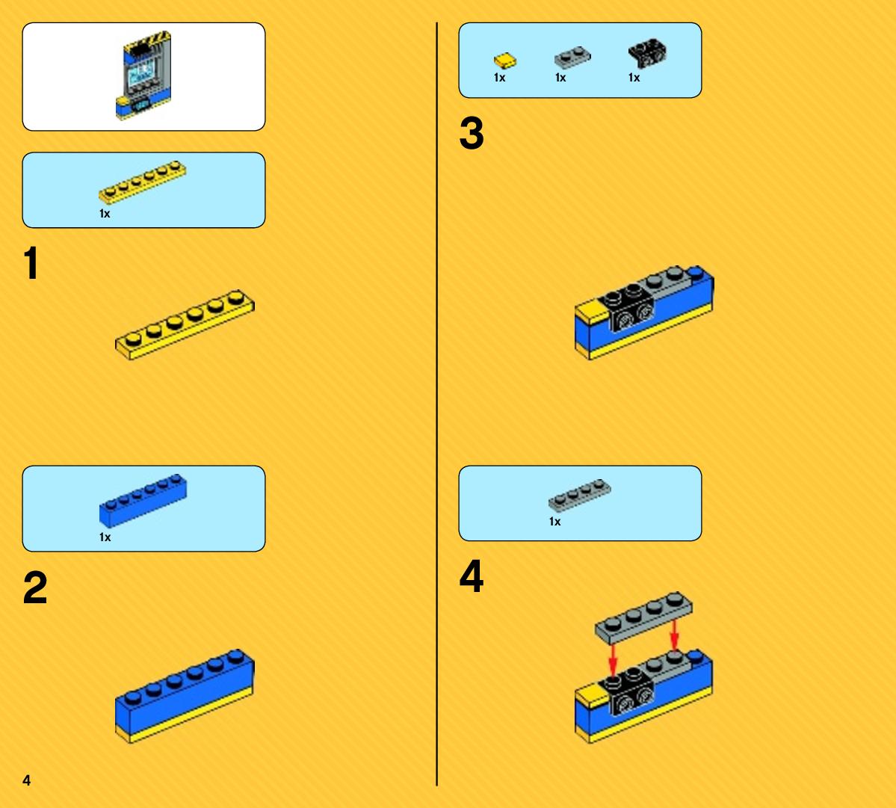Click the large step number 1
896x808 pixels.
pos(31,263)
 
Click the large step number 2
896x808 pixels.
pos(35,588)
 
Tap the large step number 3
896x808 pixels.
pos(472,133)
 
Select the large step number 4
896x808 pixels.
pos(472,576)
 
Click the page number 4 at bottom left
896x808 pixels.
pos(26,780)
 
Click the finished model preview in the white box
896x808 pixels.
pos(143,75)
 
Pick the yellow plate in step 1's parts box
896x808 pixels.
pos(142,182)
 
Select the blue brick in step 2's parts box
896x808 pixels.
pos(143,500)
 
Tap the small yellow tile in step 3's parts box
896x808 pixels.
pos(504,61)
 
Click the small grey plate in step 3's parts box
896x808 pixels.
pos(572,57)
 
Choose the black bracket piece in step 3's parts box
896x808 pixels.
pos(647,53)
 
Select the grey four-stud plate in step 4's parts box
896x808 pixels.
pos(579,494)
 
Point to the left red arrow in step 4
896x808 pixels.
pos(613,659)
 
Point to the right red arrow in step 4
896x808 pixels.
pos(674,635)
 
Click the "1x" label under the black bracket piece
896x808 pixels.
pos(634,77)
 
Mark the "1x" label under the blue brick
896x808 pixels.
pos(105,537)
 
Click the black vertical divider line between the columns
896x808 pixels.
pos(437,404)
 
